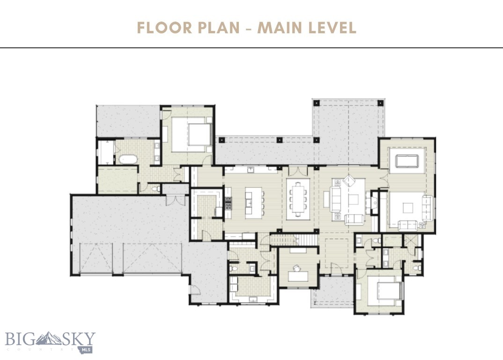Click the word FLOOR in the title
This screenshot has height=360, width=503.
tap(162, 28)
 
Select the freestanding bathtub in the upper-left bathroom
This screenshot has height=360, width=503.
tap(126, 159)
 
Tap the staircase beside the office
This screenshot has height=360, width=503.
tap(284, 241)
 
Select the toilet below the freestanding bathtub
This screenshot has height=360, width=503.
tap(156, 188)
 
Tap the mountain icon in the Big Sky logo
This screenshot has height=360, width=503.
tap(49, 337)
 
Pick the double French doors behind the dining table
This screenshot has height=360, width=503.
tap(297, 171)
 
